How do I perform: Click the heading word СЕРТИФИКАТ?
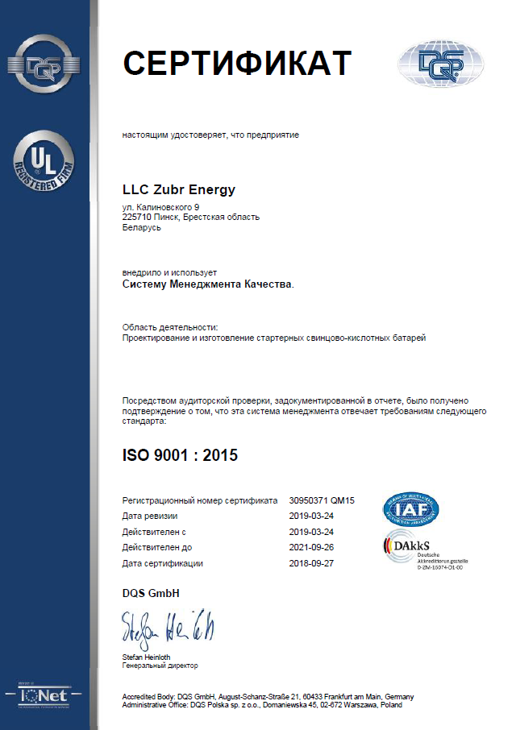[x=237, y=63]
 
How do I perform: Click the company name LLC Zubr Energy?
[x=179, y=190]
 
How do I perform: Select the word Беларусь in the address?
[x=142, y=228]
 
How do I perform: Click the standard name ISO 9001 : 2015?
[x=180, y=455]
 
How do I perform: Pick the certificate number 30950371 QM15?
[x=322, y=501]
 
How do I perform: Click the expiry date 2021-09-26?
[x=311, y=547]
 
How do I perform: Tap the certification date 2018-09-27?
[x=311, y=563]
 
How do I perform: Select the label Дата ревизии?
[x=149, y=516]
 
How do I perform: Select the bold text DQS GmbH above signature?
[x=150, y=593]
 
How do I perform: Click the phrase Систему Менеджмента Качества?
[x=206, y=284]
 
